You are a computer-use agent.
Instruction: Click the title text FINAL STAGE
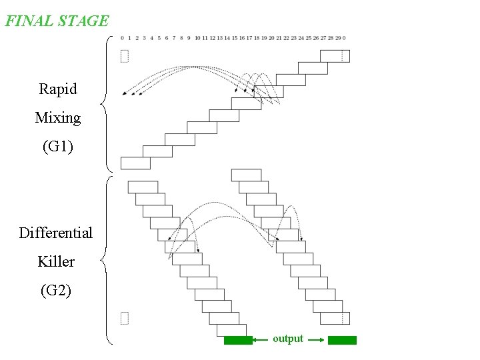(57, 21)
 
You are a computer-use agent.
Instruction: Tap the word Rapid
(58, 89)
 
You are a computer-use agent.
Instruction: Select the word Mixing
(58, 118)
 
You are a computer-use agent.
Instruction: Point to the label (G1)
(58, 147)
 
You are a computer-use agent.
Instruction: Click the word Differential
(56, 233)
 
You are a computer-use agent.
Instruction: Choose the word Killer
(56, 261)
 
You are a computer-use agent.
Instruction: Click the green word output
(288, 339)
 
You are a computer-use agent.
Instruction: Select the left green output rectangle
(238, 340)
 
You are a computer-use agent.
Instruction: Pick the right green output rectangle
(342, 340)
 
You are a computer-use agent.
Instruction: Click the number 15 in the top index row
(235, 38)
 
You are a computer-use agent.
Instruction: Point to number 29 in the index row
(338, 38)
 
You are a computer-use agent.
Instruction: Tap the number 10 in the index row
(197, 38)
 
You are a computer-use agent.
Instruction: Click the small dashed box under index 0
(124, 56)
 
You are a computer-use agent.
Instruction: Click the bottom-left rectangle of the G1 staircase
(135, 163)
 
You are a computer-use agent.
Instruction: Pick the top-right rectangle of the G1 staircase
(335, 56)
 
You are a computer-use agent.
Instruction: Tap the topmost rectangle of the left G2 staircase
(143, 187)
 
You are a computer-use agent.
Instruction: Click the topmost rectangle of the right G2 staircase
(246, 175)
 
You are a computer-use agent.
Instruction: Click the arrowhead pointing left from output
(257, 340)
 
